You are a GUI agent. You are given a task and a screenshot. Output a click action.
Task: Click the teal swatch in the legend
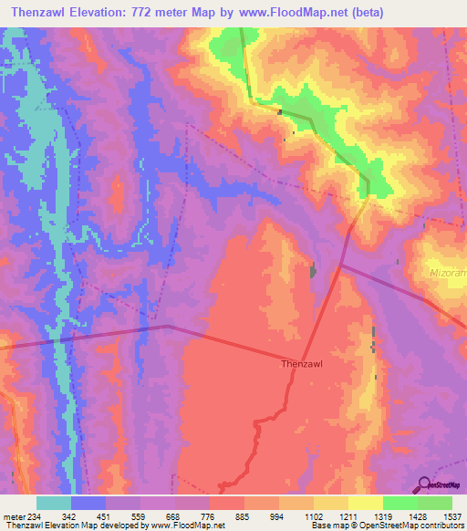coord(53,503)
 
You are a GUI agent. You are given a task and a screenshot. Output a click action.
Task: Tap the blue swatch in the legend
coord(88,503)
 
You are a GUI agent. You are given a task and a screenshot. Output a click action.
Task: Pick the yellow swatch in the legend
coord(365,503)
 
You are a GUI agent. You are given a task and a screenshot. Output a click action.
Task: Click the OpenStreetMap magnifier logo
coord(423,484)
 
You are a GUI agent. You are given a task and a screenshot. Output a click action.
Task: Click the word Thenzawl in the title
coord(39,13)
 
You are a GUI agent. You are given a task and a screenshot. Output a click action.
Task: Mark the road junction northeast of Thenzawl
coord(340,265)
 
